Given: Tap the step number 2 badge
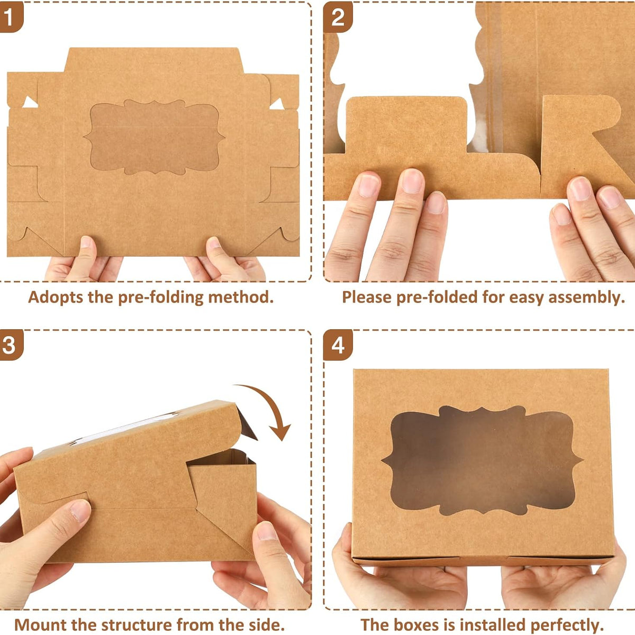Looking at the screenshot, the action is pos(338,16).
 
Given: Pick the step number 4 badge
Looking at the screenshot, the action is pos(338,344).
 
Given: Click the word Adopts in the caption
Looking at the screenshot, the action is pos(56,297).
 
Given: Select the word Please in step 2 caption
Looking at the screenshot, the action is pos(366,297).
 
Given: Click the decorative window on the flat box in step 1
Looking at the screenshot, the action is pos(154,137).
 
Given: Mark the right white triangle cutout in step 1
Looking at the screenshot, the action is pos(277,104).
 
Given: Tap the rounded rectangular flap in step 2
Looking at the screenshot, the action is pos(406,125).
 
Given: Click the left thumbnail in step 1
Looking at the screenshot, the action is pos(86,242).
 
